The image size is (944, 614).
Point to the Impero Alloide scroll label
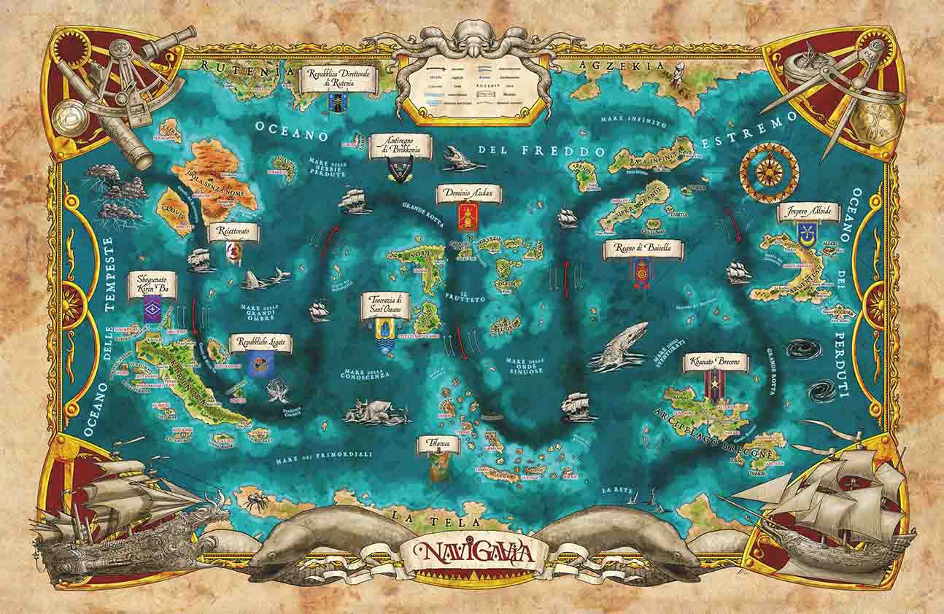click(808, 213)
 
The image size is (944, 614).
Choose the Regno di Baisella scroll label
click(643, 249)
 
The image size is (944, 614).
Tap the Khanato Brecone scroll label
click(716, 362)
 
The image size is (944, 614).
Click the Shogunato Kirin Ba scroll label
click(152, 282)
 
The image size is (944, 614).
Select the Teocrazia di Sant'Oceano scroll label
click(386, 304)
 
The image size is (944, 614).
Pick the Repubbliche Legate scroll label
click(260, 343)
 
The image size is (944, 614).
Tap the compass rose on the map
click(769, 173)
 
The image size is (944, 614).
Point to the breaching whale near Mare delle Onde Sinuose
click(619, 343)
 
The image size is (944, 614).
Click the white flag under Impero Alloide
click(807, 235)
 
